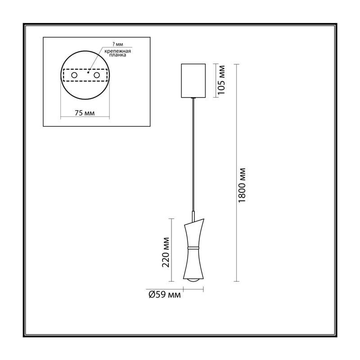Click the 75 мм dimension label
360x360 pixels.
coord(85,113)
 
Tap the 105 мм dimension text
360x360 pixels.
coord(221,80)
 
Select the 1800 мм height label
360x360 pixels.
coord(242,185)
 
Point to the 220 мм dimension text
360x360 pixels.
coord(166,252)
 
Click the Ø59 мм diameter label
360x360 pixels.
coord(165,294)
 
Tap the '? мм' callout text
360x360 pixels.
coord(118,44)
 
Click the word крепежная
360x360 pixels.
coord(118,51)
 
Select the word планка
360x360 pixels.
coord(118,55)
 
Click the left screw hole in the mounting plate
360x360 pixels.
coord(74,75)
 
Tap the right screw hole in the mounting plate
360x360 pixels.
coord(97,75)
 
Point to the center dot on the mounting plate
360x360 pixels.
coord(88,72)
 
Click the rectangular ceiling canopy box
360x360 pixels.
coord(193,81)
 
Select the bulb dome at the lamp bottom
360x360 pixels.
coord(193,280)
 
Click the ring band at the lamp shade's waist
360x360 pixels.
coord(193,248)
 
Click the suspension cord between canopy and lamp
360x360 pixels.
coord(193,155)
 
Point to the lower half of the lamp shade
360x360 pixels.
coord(193,264)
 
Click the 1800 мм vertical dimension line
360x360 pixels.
coord(236,173)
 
